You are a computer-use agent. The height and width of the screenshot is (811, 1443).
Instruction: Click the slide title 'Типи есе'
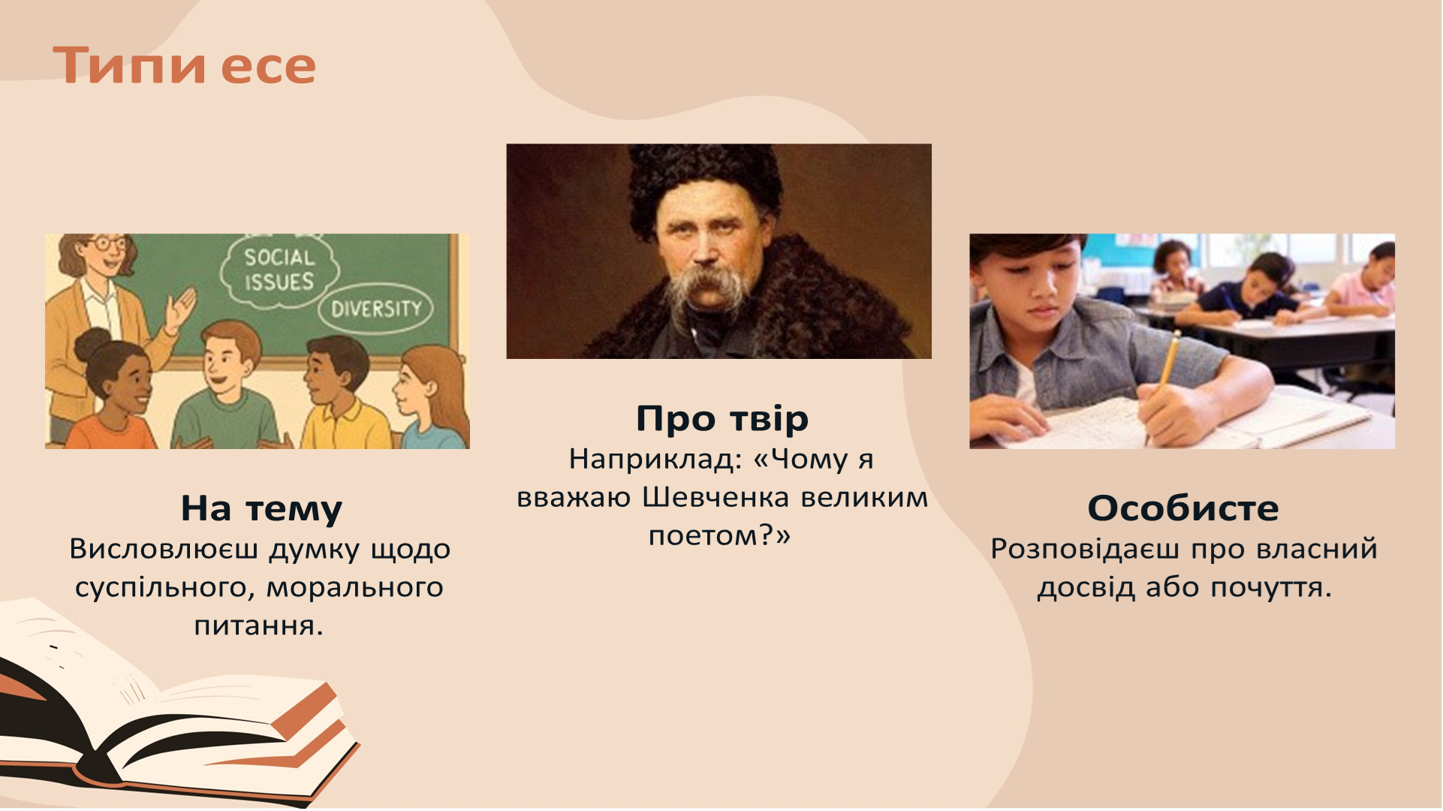point(185,66)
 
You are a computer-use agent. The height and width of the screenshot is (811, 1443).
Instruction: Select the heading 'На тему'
point(261,508)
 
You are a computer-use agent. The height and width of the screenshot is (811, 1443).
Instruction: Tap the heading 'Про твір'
point(721,418)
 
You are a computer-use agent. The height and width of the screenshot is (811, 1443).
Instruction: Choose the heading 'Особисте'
point(1182,508)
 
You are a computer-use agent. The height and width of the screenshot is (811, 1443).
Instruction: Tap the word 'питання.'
point(258,626)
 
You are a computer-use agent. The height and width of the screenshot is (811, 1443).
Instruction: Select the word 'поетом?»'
point(719,535)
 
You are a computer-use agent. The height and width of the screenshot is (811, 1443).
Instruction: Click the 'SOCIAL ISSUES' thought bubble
point(279,270)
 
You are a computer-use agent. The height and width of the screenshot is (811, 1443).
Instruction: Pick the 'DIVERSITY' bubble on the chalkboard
point(376,309)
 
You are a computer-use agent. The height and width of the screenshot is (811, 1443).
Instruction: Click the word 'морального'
point(354,587)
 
